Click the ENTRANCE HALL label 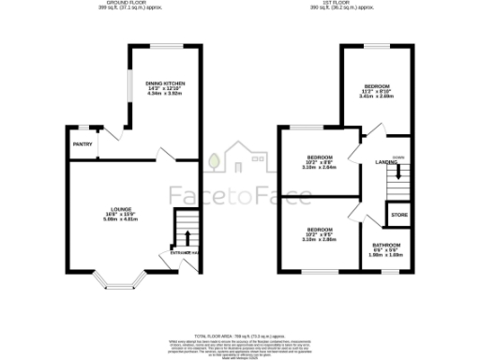(182, 253)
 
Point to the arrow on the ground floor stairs (185, 236)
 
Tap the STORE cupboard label (397, 214)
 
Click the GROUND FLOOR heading (129, 4)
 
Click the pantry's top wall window (82, 125)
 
